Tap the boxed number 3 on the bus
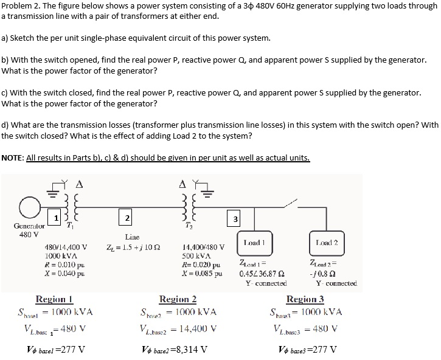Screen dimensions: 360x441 click(x=236, y=218)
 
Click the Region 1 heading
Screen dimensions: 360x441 click(x=55, y=299)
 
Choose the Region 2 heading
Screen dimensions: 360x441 click(x=178, y=299)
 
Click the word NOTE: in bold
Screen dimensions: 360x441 click(x=13, y=157)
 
